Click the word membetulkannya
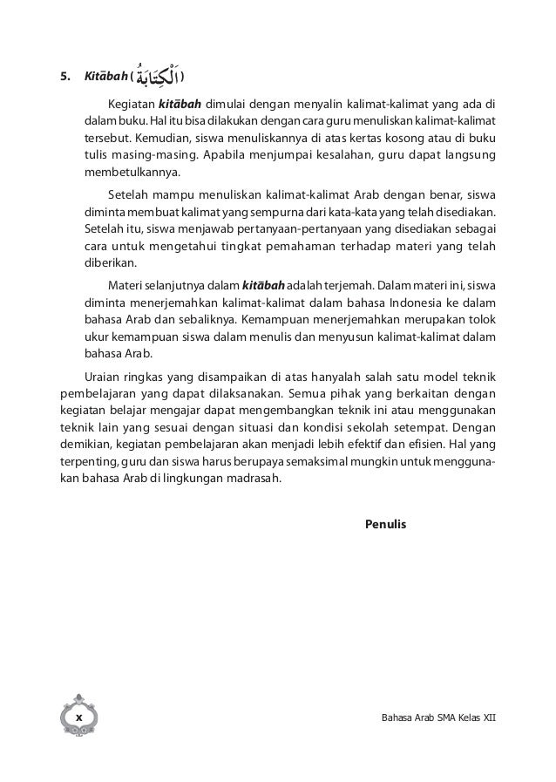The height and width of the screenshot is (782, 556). tap(125, 173)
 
